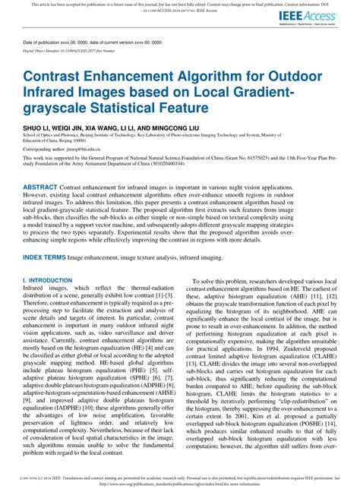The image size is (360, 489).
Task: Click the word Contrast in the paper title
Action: coord(58,77)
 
